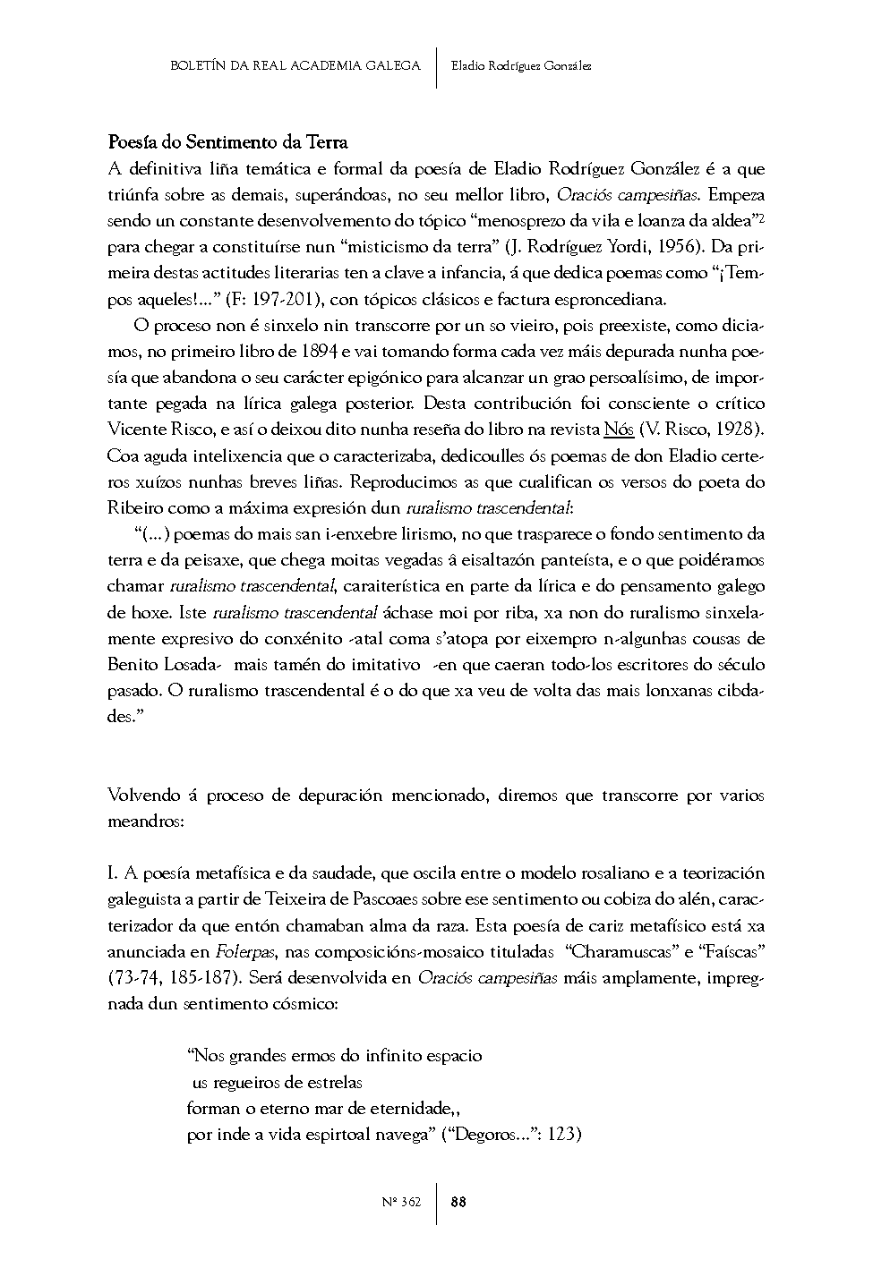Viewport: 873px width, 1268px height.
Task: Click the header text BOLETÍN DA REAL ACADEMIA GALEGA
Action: point(295,65)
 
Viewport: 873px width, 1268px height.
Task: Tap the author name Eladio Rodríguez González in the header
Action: point(521,65)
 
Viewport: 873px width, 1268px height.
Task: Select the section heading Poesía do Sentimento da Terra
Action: point(227,142)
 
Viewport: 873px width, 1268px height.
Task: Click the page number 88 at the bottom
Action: point(458,1202)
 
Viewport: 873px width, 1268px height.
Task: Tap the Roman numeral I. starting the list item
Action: point(114,873)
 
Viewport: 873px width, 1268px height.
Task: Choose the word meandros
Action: point(145,821)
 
